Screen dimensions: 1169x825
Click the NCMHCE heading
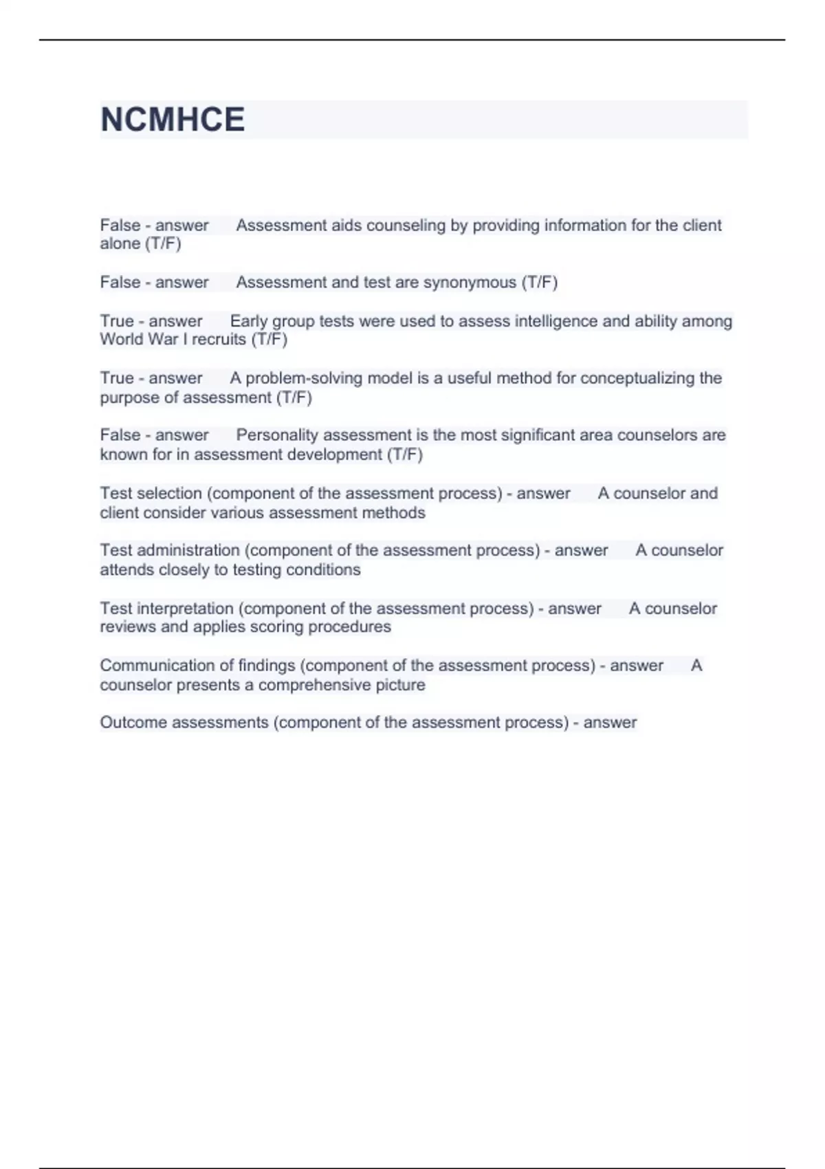(173, 120)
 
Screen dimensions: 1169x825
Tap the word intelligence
(547, 321)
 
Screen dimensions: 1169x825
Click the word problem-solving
(297, 378)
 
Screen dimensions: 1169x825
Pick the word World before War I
(121, 340)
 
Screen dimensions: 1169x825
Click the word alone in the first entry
(120, 244)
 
